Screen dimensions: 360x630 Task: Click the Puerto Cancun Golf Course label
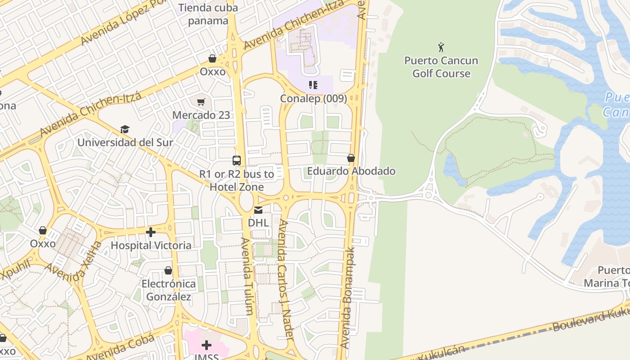pyautogui.click(x=441, y=67)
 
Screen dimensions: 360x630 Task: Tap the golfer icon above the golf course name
pyautogui.click(x=441, y=47)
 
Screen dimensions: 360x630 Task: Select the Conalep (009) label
pyautogui.click(x=313, y=98)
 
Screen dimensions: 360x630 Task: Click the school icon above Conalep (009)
pyautogui.click(x=313, y=85)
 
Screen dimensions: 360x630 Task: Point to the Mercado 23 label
pyautogui.click(x=201, y=115)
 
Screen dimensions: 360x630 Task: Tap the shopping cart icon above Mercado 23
pyautogui.click(x=201, y=102)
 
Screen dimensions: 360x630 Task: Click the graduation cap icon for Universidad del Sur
pyautogui.click(x=125, y=130)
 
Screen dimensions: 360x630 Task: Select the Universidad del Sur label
pyautogui.click(x=125, y=143)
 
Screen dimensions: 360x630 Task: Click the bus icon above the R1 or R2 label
pyautogui.click(x=237, y=160)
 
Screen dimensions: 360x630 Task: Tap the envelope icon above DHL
pyautogui.click(x=258, y=210)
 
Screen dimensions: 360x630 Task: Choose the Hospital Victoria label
pyautogui.click(x=151, y=245)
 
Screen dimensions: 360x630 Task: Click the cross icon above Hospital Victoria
pyautogui.click(x=151, y=232)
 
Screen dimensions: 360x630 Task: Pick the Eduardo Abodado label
pyautogui.click(x=351, y=171)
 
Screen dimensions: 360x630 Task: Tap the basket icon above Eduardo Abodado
pyautogui.click(x=351, y=158)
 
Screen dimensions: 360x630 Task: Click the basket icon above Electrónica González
pyautogui.click(x=168, y=270)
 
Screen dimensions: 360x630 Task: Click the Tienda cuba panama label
pyautogui.click(x=208, y=14)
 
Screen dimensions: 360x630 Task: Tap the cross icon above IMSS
pyautogui.click(x=207, y=345)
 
